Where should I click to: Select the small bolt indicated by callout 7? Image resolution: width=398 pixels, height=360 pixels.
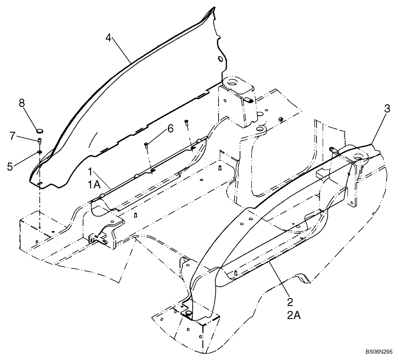click(40, 141)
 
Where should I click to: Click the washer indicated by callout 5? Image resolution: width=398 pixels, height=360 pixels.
click(40, 152)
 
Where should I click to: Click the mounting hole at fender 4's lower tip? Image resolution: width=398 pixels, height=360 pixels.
click(40, 184)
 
